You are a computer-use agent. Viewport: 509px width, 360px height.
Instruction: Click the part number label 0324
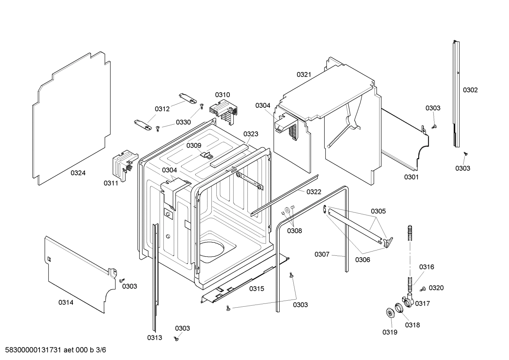click(78, 173)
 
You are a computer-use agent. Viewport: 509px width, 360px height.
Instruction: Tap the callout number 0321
click(304, 74)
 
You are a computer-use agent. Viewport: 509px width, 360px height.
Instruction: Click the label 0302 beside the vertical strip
click(470, 90)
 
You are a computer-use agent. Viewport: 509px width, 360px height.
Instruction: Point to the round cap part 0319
click(390, 313)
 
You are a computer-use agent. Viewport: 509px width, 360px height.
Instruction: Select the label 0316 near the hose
click(426, 267)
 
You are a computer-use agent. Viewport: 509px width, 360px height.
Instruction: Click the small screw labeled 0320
click(421, 289)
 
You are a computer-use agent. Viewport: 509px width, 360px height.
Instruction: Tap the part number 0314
click(66, 302)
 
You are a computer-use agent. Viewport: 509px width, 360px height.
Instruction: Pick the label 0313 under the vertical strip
click(155, 338)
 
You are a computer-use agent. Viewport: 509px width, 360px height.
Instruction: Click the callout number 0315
click(257, 289)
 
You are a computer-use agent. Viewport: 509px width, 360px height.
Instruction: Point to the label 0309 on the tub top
click(194, 146)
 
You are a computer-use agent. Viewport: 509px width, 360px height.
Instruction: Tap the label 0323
click(251, 134)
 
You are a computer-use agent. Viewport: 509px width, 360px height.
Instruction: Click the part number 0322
click(314, 192)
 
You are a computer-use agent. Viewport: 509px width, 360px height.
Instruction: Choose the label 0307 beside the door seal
click(322, 254)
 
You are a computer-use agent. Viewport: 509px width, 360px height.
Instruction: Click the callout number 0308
click(294, 231)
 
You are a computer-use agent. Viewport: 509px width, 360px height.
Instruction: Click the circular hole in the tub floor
click(212, 249)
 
